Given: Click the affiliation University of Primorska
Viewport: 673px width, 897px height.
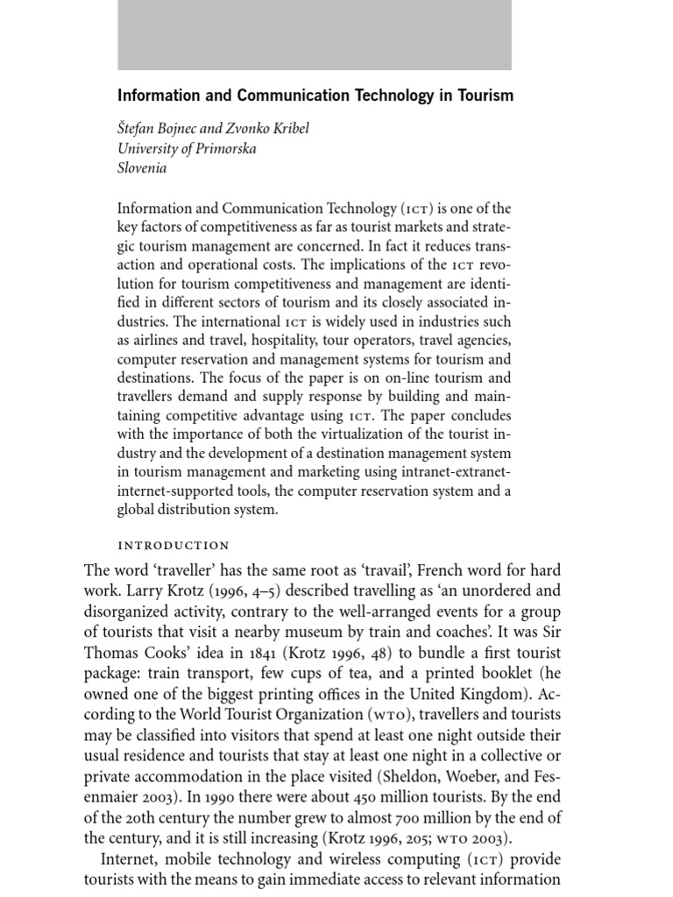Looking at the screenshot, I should (187, 148).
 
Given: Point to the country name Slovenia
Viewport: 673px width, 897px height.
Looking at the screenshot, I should (142, 168).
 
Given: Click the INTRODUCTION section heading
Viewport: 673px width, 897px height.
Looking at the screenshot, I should (174, 545).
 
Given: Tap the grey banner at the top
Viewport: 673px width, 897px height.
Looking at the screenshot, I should (315, 35).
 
